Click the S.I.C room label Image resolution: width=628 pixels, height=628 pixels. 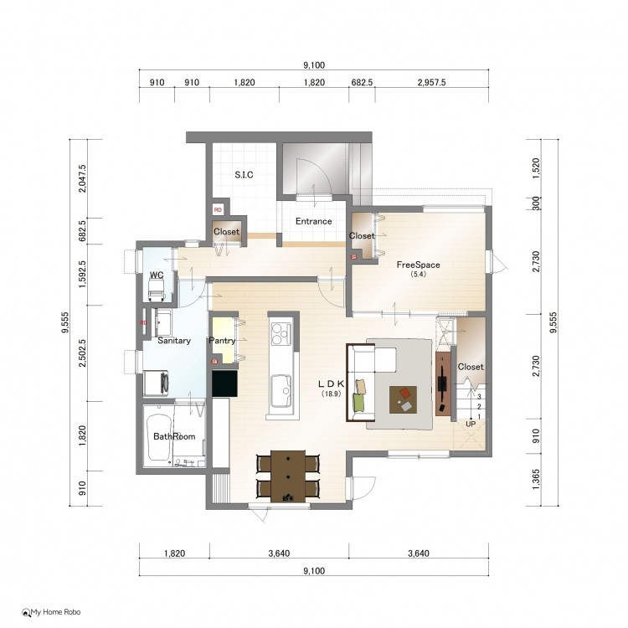click(244, 175)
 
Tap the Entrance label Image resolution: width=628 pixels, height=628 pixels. click(314, 221)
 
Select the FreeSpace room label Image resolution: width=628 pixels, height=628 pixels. click(418, 265)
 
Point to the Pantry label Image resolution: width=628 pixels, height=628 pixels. click(222, 341)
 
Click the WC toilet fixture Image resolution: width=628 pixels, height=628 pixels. click(157, 289)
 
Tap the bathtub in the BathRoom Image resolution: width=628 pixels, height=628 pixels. click(159, 437)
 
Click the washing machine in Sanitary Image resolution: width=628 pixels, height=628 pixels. click(156, 383)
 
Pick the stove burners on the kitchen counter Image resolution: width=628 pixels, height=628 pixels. click(281, 333)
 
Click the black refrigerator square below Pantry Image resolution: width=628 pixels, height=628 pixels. click(224, 383)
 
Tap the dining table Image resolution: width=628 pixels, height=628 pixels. click(288, 476)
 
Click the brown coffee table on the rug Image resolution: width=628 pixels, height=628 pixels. click(403, 399)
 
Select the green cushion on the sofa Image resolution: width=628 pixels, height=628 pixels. click(359, 402)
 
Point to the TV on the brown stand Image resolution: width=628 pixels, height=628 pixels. click(442, 383)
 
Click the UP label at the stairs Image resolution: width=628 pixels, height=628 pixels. click(471, 424)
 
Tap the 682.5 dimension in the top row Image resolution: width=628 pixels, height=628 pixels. click(362, 82)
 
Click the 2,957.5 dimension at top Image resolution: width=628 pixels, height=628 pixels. click(432, 82)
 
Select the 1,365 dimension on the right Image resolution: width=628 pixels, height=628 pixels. click(536, 480)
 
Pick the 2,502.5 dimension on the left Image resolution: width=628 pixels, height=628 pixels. click(82, 353)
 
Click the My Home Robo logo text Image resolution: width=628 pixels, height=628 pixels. click(55, 612)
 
